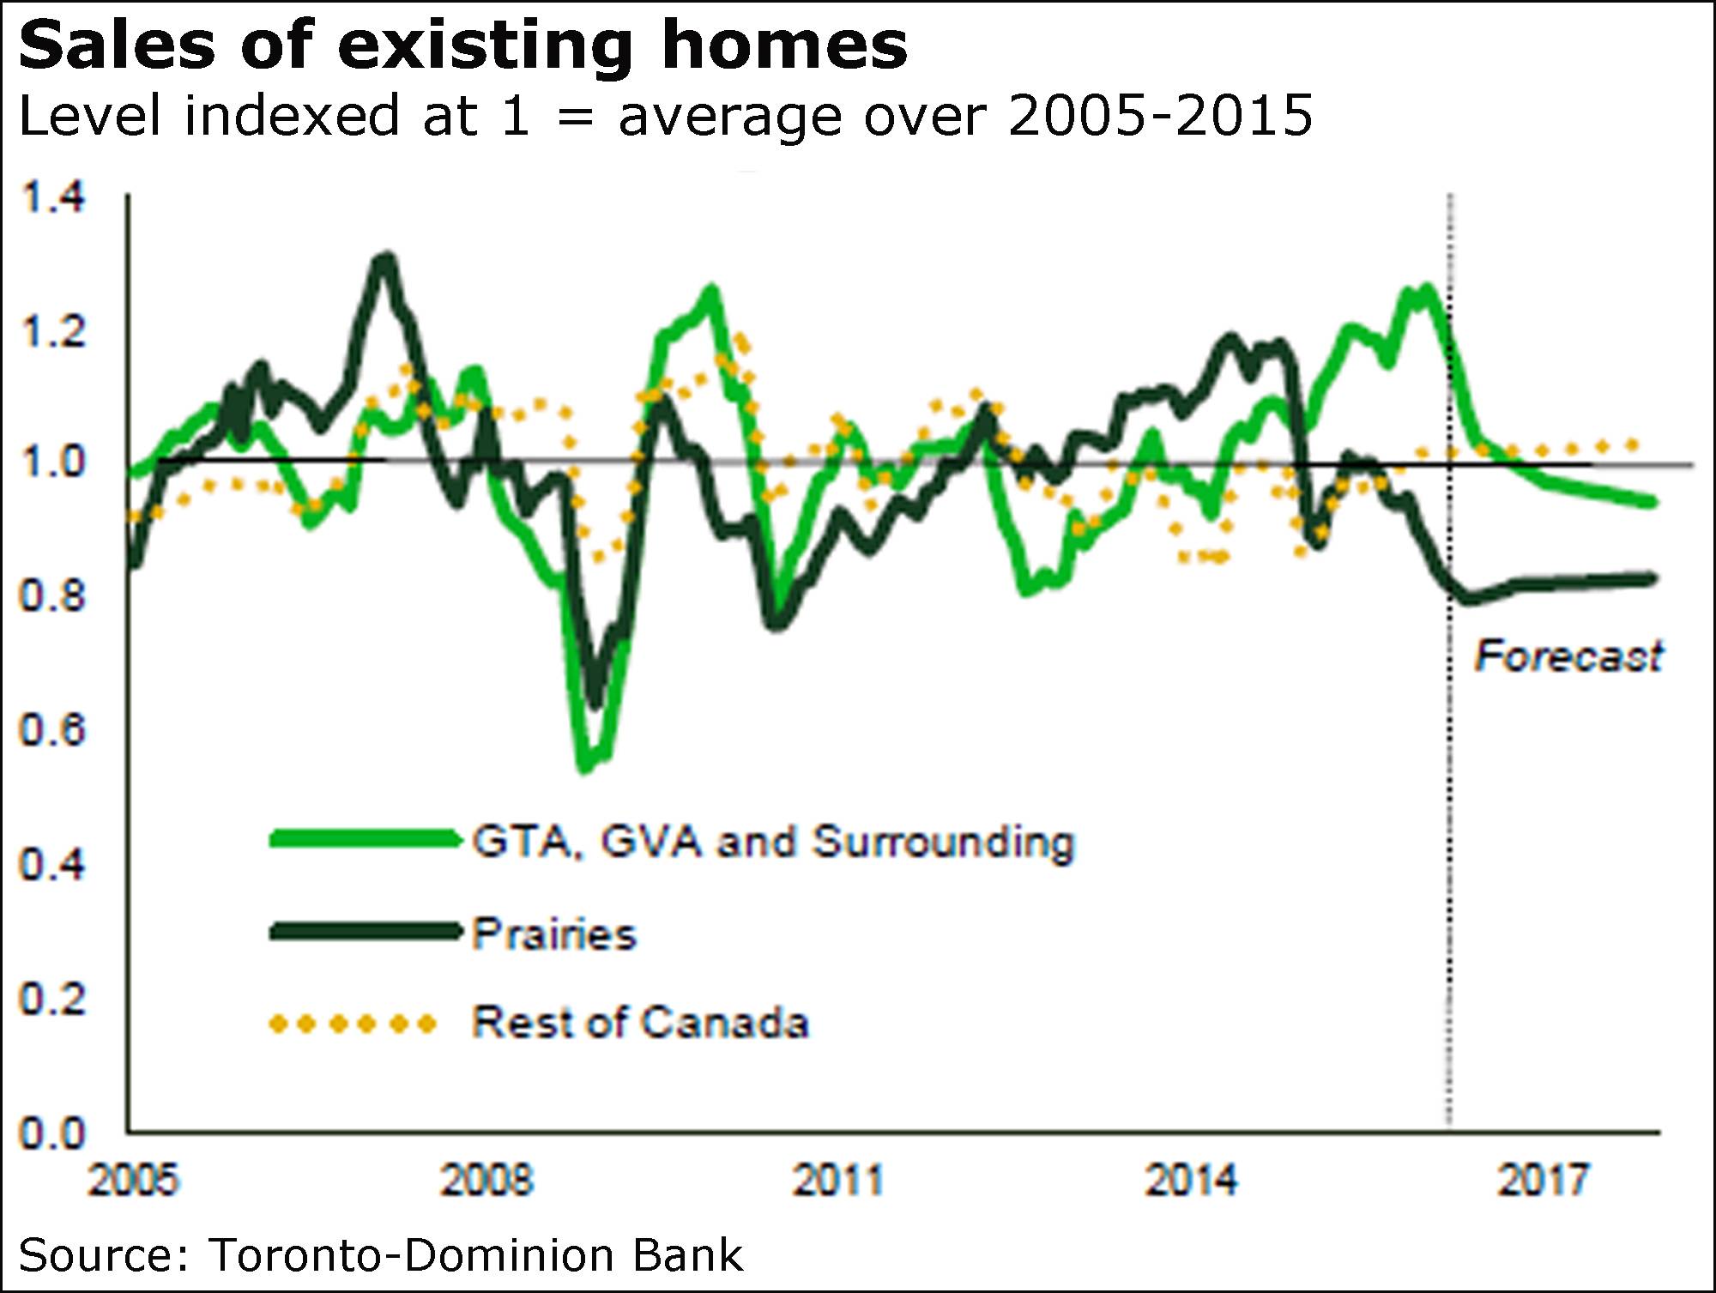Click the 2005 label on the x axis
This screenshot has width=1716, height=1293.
[134, 1180]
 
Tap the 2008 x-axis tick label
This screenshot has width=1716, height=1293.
[486, 1180]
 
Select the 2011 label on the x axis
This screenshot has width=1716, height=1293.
[838, 1180]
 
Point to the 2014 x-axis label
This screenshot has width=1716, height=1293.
[1192, 1180]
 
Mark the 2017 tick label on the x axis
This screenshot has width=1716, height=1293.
[1544, 1180]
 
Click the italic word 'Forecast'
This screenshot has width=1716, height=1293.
[1568, 656]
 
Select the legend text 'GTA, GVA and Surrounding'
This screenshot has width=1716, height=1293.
[773, 842]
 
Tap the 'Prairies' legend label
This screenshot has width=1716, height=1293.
[554, 933]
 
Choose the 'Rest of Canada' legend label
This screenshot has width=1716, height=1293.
[640, 1023]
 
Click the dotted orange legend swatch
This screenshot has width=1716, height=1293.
[353, 1024]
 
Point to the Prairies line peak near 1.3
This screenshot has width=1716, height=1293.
[386, 258]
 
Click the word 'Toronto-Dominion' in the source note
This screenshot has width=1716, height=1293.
[413, 1255]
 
